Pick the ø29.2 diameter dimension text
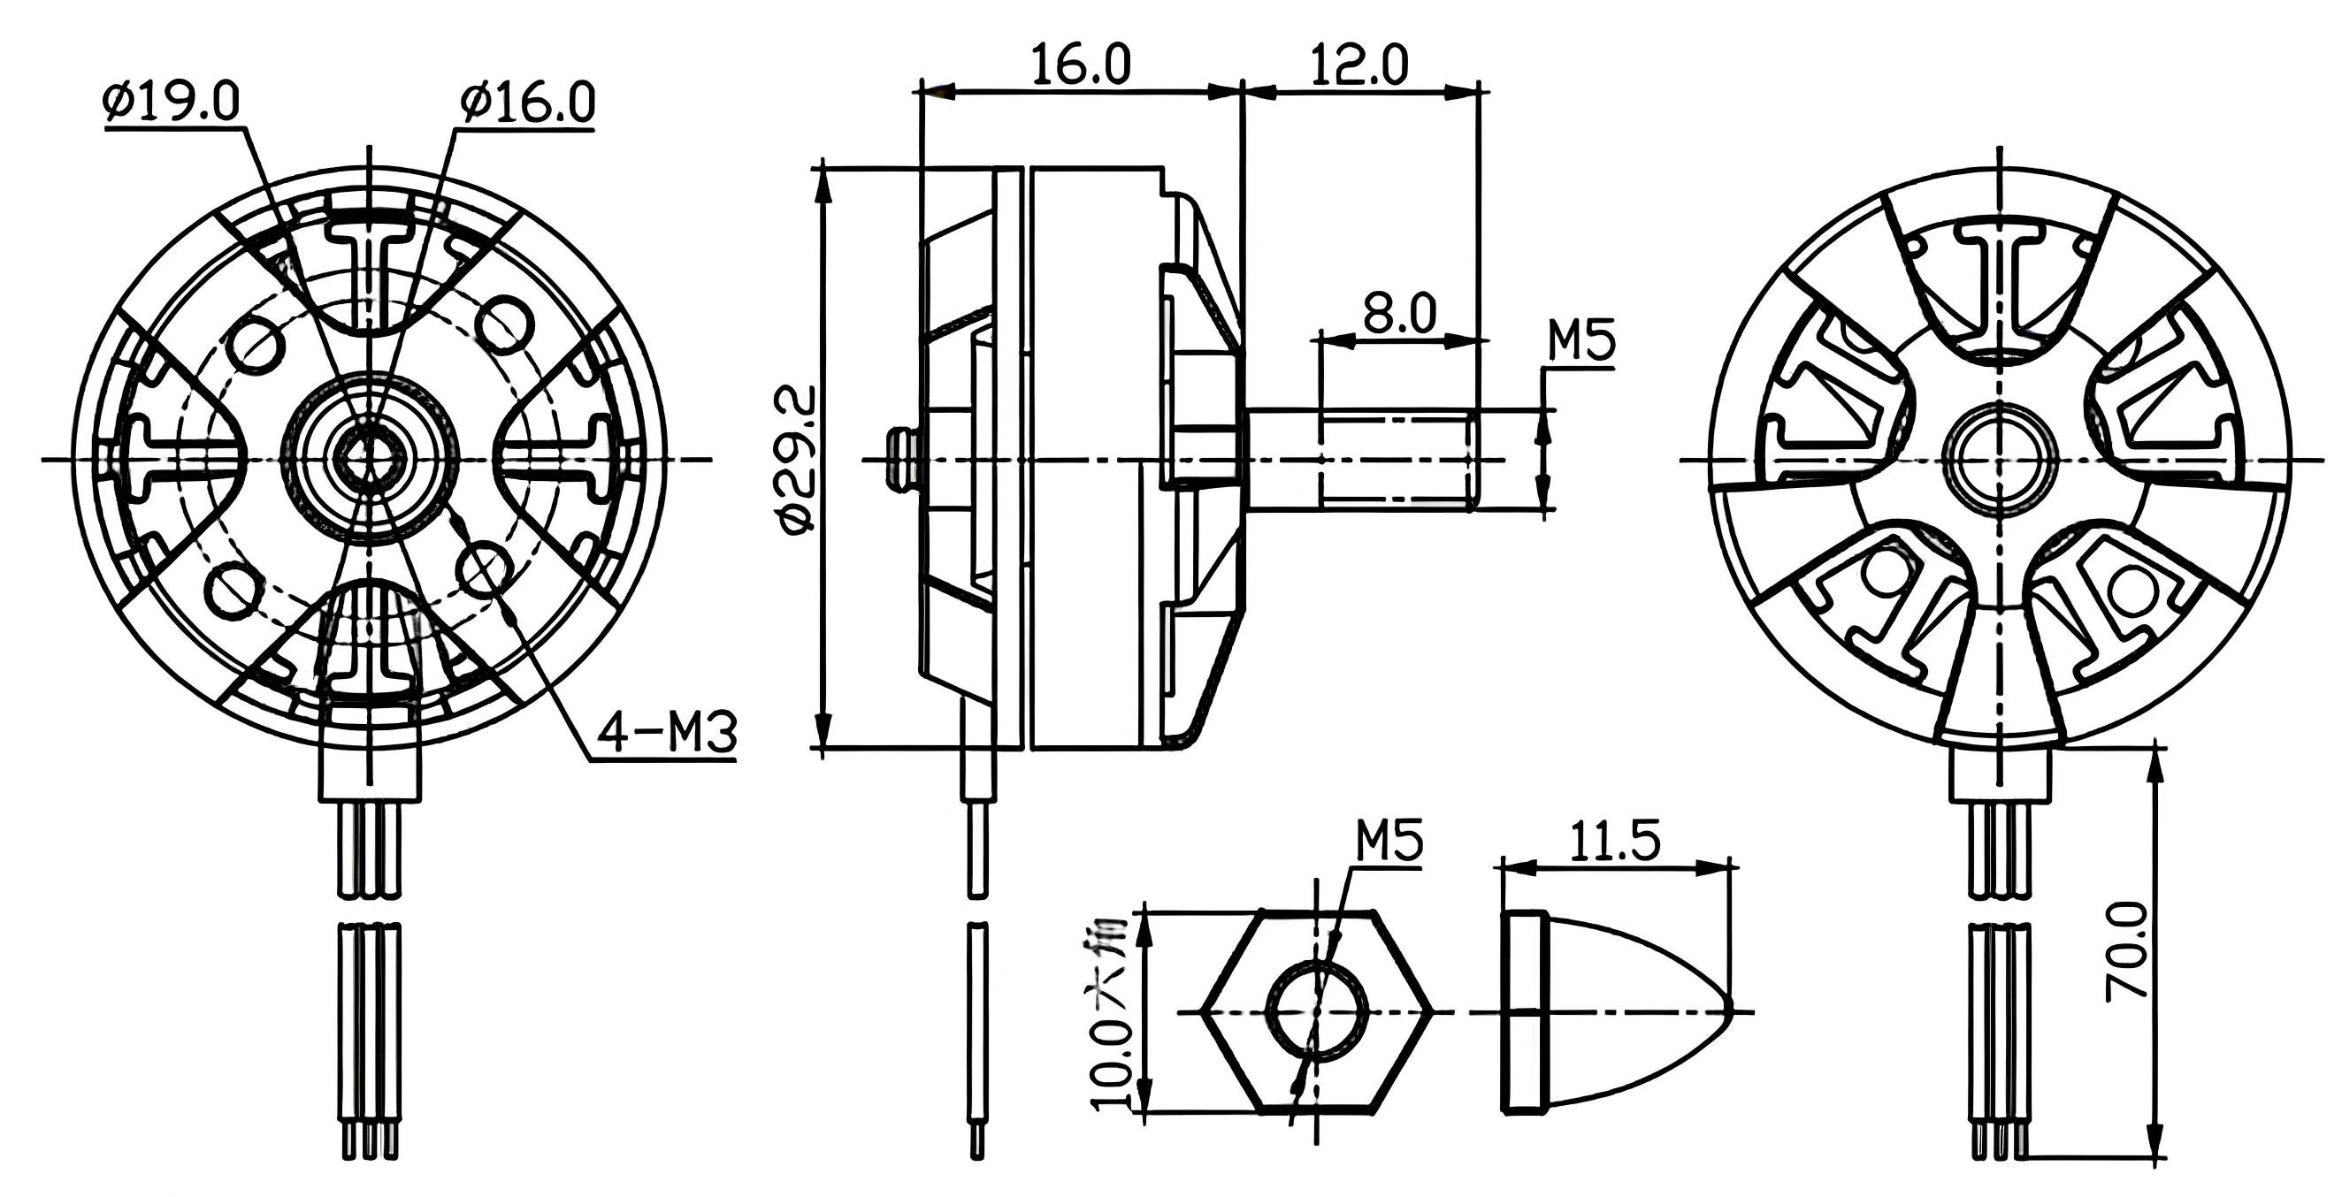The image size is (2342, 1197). click(x=799, y=458)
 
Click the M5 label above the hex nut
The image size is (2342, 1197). click(x=1389, y=841)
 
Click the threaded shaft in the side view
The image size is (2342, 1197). click(x=1396, y=459)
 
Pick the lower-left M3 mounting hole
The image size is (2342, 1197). click(x=233, y=588)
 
